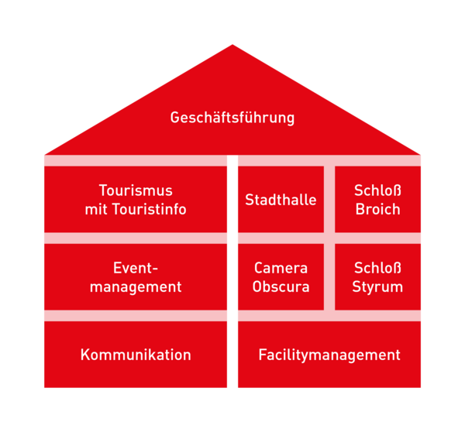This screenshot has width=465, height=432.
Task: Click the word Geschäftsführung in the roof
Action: click(232, 118)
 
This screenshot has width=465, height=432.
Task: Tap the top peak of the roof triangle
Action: click(232, 44)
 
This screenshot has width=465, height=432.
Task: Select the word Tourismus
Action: click(136, 190)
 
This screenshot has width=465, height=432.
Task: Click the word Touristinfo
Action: click(150, 209)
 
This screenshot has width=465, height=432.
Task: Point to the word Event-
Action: click(136, 268)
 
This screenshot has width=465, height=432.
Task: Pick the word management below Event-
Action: click(136, 287)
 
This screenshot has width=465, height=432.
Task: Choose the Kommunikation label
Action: click(136, 355)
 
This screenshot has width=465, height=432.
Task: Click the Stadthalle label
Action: click(281, 200)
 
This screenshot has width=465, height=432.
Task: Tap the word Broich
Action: click(378, 209)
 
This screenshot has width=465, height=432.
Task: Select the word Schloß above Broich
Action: click(377, 190)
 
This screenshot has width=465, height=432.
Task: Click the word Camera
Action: click(281, 268)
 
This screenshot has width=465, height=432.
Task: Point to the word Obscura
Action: click(281, 286)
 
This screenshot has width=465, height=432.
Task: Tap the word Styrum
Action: click(377, 287)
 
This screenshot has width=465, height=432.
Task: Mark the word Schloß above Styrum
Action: click(377, 268)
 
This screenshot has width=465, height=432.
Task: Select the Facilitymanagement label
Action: click(329, 355)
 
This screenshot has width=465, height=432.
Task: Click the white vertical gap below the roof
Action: click(232, 272)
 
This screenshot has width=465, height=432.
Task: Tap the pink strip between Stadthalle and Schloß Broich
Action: click(329, 200)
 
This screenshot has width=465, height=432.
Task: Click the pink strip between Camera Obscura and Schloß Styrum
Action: click(329, 277)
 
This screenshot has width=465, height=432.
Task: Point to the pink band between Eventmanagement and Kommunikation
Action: click(136, 316)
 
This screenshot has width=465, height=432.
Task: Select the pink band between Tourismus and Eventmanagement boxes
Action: click(136, 238)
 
